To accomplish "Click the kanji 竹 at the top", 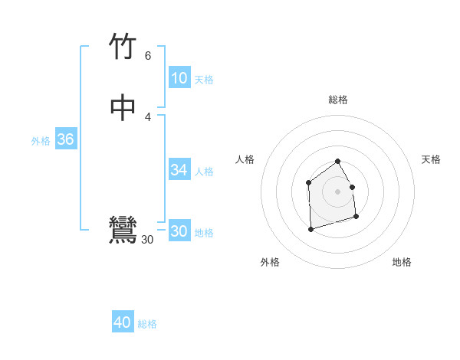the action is (x=123, y=47).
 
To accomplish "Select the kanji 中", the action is (x=123, y=107).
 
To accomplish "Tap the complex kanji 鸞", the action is (x=123, y=230).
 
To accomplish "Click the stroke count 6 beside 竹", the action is (x=148, y=56).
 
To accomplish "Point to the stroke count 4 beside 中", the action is (x=148, y=116).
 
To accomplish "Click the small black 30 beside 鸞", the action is (x=148, y=240).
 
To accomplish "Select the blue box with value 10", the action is (x=179, y=78).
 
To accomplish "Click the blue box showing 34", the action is (x=179, y=170).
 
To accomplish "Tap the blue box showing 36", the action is (x=65, y=139).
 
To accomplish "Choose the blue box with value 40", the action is (x=123, y=322).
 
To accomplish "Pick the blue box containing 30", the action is (x=179, y=231).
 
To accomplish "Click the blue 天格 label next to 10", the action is (x=204, y=80).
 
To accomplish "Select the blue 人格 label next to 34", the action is (x=204, y=172).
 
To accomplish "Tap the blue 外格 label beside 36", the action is (x=41, y=141).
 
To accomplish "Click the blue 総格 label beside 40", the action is (x=147, y=324).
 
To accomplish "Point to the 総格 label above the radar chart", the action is (x=338, y=100).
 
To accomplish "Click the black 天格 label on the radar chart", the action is (x=431, y=159).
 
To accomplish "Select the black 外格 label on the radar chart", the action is (x=270, y=263).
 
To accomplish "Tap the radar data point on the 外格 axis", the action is (x=310, y=229).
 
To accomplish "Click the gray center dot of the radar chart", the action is (x=338, y=191).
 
